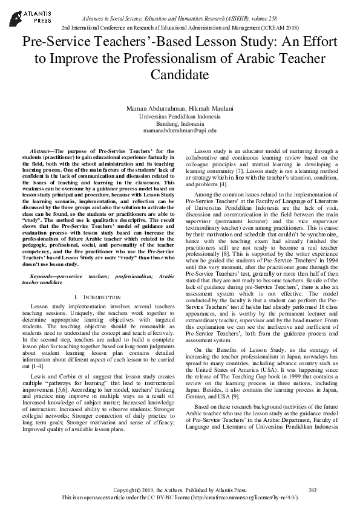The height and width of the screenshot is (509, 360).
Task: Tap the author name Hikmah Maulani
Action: click(x=200, y=108)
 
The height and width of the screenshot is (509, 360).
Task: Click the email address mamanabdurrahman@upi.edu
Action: click(x=180, y=129)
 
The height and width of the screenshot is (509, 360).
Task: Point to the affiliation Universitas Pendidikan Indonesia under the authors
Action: click(x=180, y=115)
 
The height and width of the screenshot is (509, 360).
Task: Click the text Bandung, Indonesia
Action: click(x=180, y=122)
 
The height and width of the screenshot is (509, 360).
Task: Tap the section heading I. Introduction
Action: click(x=96, y=297)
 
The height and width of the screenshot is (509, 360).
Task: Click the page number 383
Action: click(x=312, y=488)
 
